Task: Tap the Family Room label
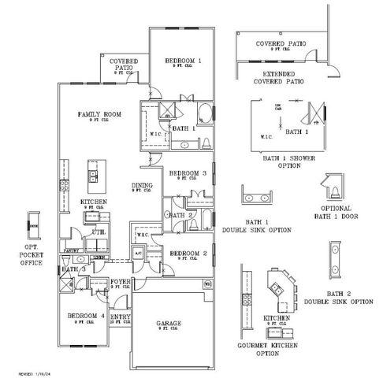point(98,117)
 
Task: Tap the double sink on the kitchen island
point(92,175)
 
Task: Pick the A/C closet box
point(137,254)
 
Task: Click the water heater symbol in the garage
point(208,283)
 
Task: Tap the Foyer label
point(121,280)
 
